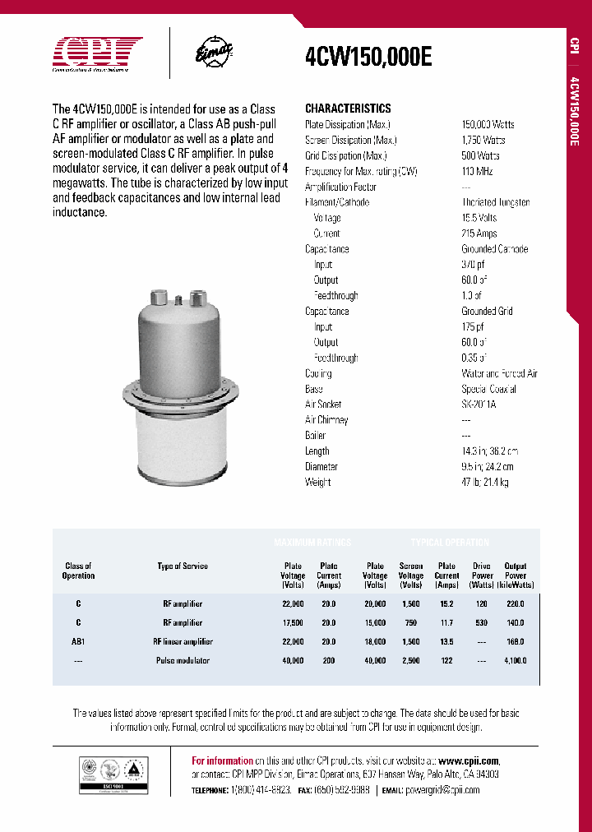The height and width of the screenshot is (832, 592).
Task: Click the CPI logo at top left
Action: click(x=97, y=53)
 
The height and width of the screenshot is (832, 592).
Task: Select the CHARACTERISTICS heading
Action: click(x=348, y=109)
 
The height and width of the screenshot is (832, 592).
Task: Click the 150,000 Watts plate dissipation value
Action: click(x=488, y=124)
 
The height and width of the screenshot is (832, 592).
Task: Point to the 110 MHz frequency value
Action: click(x=479, y=171)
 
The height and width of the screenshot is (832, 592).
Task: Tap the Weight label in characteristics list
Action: click(x=317, y=483)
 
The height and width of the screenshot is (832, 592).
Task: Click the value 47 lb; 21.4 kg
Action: click(x=484, y=483)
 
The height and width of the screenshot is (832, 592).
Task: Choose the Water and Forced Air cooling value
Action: click(x=499, y=373)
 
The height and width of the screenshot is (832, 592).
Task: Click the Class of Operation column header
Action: click(x=79, y=571)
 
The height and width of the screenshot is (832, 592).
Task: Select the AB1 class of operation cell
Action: click(x=79, y=641)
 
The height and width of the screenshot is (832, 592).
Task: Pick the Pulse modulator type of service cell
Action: click(x=183, y=660)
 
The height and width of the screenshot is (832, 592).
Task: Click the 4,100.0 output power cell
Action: click(x=515, y=660)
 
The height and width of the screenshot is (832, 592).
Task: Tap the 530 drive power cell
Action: click(x=482, y=622)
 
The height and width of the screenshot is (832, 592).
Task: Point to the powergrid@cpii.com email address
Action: click(x=442, y=789)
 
